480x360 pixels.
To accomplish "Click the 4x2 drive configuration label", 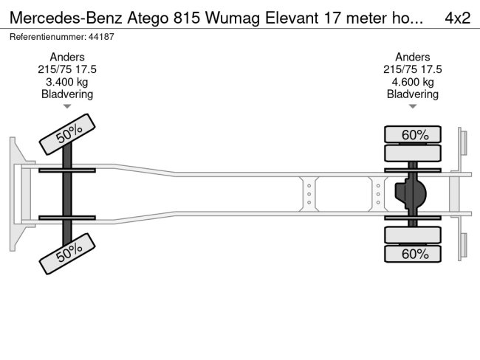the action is (457, 18).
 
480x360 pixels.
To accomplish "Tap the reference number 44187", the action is (101, 37).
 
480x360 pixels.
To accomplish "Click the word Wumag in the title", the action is (233, 18).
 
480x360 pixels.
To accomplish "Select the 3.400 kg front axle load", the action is (66, 82).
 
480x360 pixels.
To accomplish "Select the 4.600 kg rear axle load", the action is (413, 82).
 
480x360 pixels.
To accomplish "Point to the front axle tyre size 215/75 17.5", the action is (67, 69).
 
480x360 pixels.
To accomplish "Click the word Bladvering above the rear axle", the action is (413, 94).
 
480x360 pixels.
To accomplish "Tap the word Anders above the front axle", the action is (67, 57).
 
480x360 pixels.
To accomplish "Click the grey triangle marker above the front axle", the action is (67, 106).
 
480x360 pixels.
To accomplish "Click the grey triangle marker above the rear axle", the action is (413, 106).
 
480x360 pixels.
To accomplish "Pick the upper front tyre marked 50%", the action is (67, 134).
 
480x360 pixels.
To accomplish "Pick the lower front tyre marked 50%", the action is (67, 254).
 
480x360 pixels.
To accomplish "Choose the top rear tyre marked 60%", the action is (413, 134).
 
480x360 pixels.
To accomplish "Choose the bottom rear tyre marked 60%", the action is (413, 254).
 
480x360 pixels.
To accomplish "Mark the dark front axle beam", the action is (67, 194).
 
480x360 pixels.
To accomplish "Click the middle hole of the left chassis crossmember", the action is (309, 194).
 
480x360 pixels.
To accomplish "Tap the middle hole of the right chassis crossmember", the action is (378, 194).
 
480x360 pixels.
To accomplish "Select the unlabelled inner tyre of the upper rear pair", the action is (413, 153).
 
